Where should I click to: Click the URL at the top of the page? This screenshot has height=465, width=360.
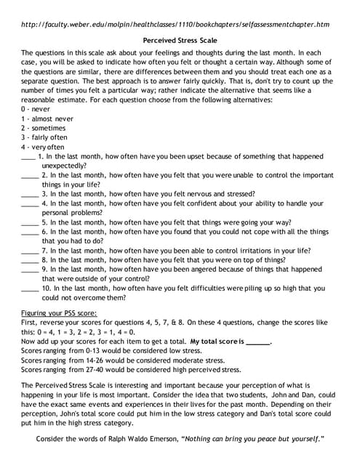coord(175,24)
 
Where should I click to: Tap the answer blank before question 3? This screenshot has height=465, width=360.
coord(28,195)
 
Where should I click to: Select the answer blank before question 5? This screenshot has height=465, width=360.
coord(28,223)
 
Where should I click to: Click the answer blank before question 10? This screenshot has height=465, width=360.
coord(28,288)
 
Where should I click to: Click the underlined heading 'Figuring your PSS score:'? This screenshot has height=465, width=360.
coord(59,312)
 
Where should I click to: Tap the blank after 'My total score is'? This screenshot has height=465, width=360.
coord(257,341)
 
